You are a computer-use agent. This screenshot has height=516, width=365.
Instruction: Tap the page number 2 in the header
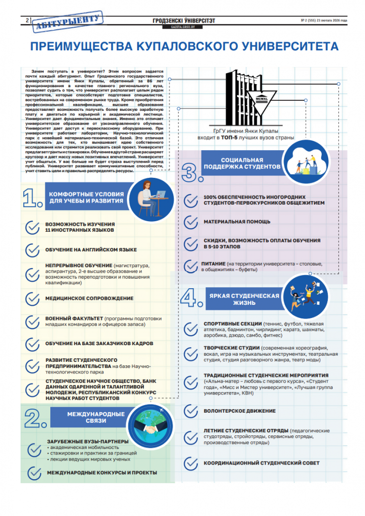(25, 20)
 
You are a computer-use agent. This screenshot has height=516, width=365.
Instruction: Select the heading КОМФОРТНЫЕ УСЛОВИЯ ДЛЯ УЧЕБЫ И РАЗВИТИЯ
(86, 197)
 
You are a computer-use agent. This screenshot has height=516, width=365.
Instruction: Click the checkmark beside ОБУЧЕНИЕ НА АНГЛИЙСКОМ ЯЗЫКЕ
(32, 249)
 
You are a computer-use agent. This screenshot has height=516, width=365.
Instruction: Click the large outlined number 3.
(192, 171)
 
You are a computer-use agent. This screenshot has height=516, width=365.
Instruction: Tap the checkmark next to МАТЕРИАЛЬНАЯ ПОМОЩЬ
(190, 221)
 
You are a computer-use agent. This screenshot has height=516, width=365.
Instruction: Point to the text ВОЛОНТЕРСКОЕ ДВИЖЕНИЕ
(239, 411)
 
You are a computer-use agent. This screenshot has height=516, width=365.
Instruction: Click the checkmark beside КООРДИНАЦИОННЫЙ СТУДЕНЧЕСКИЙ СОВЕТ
(190, 463)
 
